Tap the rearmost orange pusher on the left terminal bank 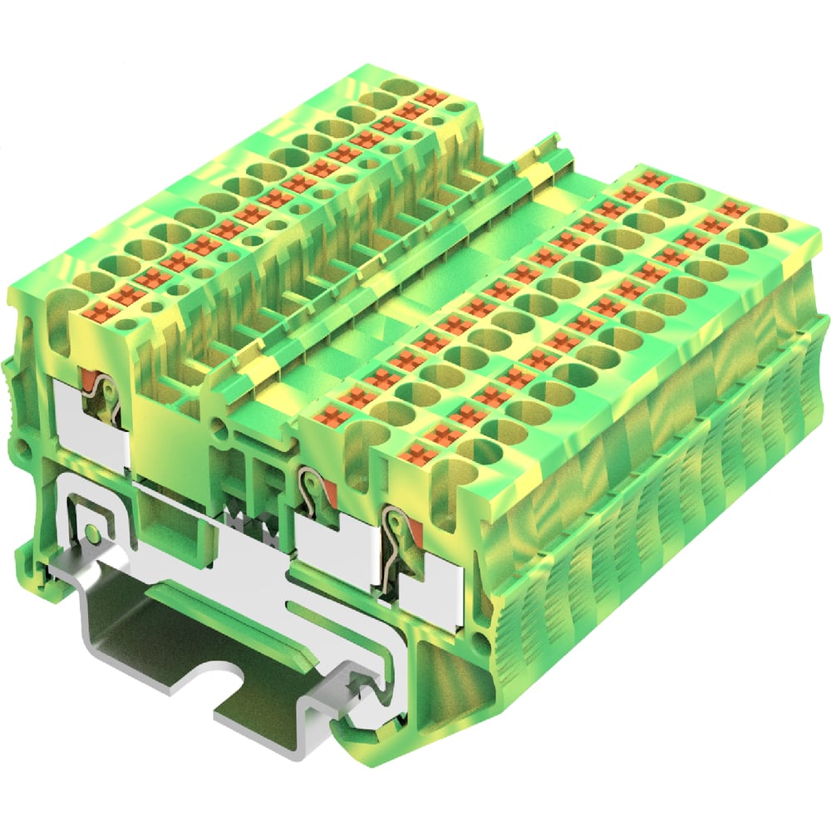coord(430,97)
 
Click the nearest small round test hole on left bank coord(125,324)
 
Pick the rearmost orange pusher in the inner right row coord(651,179)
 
